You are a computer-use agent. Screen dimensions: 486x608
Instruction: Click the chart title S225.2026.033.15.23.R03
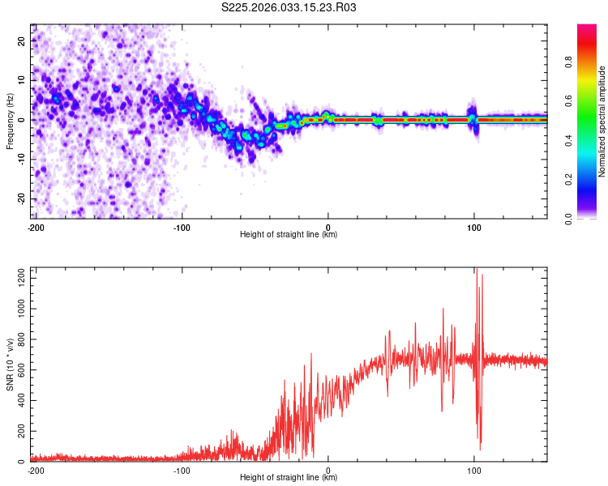point(289,7)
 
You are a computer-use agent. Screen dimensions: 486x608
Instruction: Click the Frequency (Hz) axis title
point(10,122)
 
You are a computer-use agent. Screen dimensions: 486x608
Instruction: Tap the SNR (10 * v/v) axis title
point(10,364)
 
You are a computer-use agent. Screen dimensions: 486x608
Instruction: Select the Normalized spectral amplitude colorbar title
point(602,122)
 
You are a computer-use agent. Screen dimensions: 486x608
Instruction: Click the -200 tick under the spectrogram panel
point(36,226)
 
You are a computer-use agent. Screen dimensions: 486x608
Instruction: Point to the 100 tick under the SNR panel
point(474,470)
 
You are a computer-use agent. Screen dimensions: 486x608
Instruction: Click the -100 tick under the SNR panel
point(182,470)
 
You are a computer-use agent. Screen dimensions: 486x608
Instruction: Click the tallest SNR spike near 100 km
point(477,270)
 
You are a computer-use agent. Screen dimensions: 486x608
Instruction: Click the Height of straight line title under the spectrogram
point(289,235)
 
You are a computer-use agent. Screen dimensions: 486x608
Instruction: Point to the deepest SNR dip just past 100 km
point(480,449)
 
